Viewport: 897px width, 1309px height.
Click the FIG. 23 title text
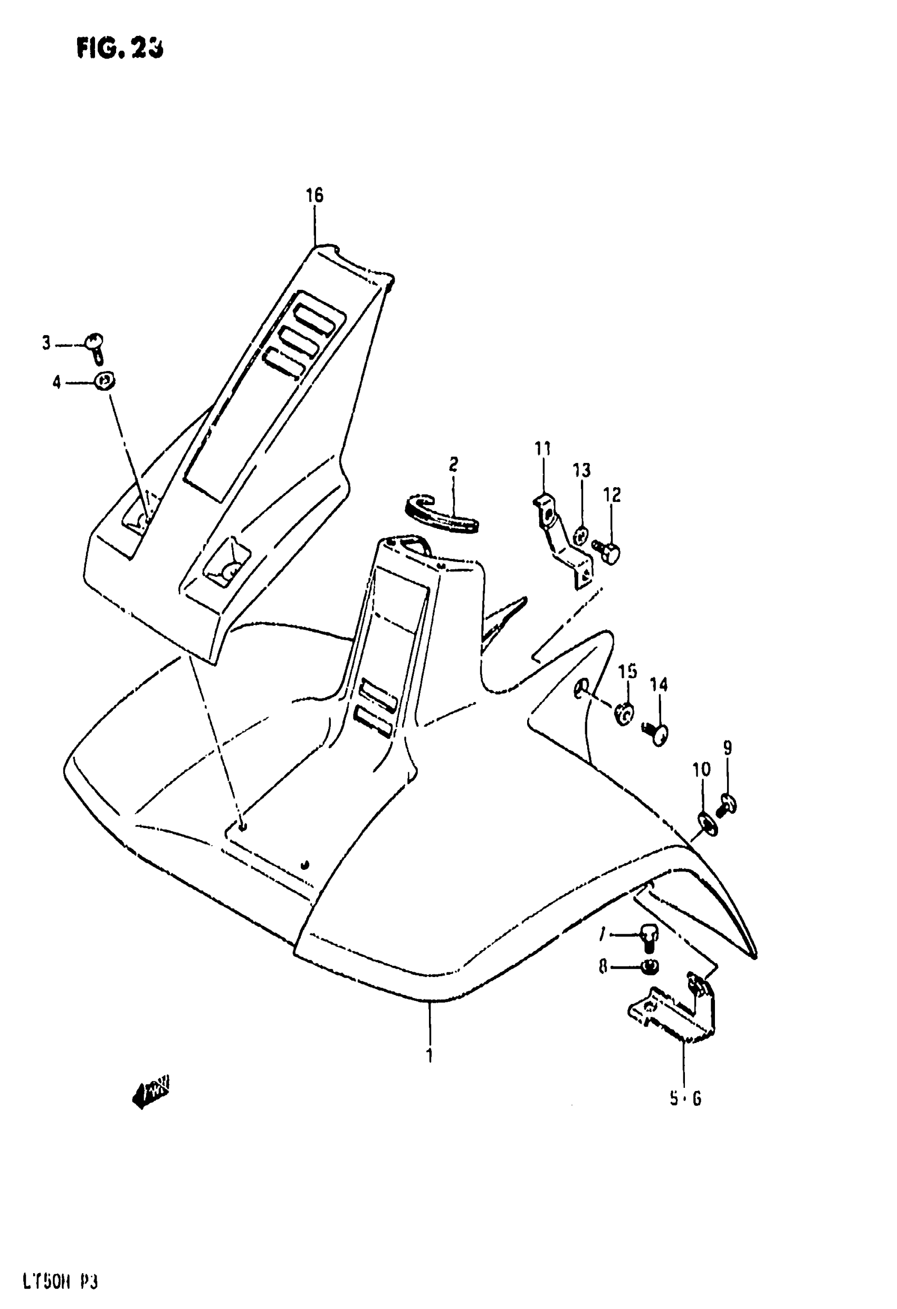pos(120,50)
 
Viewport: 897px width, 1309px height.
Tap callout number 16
pos(315,195)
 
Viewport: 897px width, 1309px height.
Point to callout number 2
pos(453,464)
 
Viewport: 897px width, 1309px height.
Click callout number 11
pos(543,449)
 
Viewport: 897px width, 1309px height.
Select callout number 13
pos(582,470)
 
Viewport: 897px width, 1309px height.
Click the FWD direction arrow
pos(150,1093)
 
